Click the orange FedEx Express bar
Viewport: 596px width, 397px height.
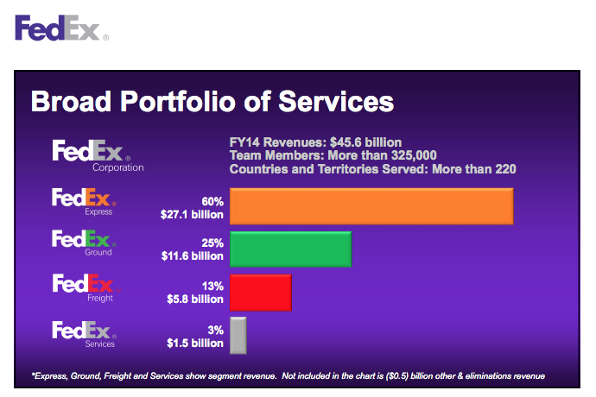pos(371,206)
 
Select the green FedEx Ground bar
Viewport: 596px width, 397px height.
pos(290,249)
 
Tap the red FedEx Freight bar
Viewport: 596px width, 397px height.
pos(260,292)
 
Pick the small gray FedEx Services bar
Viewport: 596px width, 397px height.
pos(238,335)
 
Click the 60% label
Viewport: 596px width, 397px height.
pos(212,200)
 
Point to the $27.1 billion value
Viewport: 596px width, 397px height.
pos(195,214)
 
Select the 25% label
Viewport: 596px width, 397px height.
pos(212,243)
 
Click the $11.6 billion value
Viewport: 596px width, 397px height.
pos(195,256)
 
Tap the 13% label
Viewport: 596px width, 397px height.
pos(212,286)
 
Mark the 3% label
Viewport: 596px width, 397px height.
pos(216,329)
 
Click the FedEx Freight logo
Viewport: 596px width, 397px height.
pos(83,286)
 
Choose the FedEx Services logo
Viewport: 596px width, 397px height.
pos(83,332)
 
